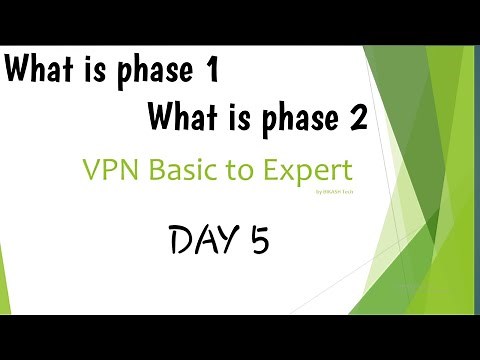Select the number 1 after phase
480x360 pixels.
click(x=210, y=73)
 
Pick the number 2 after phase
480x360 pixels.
click(x=356, y=120)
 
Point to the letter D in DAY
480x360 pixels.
click(x=182, y=241)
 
